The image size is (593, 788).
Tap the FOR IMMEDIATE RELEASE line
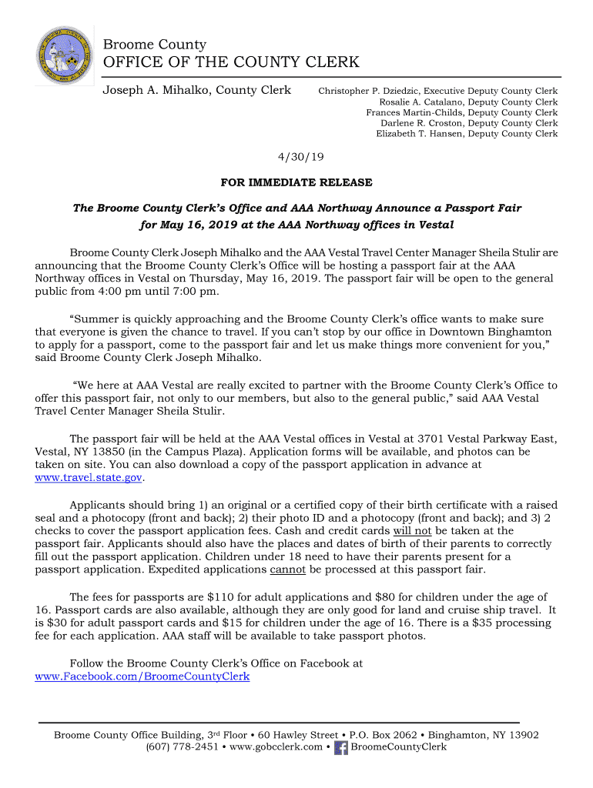tap(296, 182)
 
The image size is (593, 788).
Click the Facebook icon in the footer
tap(341, 747)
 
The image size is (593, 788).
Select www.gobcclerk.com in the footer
tap(276, 746)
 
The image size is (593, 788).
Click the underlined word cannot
tap(288, 569)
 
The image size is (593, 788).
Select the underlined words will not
tap(412, 530)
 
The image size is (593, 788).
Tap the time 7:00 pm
tap(195, 292)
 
